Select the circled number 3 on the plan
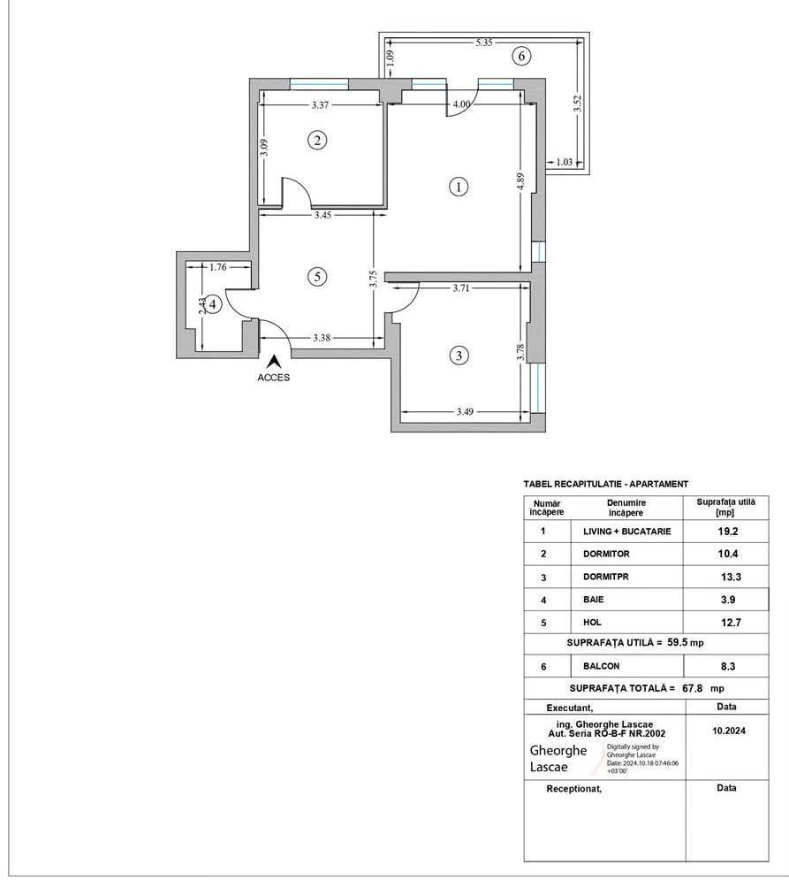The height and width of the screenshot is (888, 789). (458, 356)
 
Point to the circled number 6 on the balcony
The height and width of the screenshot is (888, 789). (521, 57)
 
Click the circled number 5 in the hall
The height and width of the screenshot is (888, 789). (317, 277)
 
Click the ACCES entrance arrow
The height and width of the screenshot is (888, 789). (274, 361)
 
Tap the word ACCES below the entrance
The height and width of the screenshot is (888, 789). (274, 377)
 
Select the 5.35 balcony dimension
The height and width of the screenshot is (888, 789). (483, 42)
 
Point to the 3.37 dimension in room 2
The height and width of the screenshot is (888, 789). (322, 105)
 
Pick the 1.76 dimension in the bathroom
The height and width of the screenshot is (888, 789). (218, 265)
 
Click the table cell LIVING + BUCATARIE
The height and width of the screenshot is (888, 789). (627, 532)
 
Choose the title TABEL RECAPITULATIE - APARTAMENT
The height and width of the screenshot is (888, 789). (605, 484)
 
